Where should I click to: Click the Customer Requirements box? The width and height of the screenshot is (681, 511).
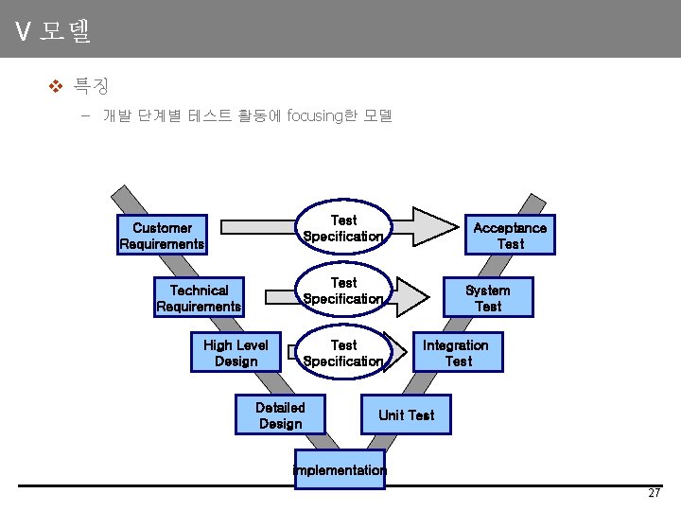tap(162, 236)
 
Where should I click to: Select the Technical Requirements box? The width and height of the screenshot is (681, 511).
tap(199, 298)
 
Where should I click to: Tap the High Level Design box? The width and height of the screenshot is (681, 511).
tap(236, 353)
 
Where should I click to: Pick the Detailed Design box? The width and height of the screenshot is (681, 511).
tap(280, 415)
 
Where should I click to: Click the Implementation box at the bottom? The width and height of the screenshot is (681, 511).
tap(340, 470)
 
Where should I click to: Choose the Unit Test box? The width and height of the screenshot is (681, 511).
tap(406, 414)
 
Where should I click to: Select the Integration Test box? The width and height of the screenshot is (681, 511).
tap(456, 352)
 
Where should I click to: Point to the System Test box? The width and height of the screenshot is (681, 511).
tap(488, 298)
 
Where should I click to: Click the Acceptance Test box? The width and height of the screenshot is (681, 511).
tap(510, 236)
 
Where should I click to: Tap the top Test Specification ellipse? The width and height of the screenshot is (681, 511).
tap(343, 227)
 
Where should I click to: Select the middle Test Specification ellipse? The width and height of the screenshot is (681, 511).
tap(343, 290)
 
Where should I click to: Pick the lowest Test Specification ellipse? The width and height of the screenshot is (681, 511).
tap(343, 353)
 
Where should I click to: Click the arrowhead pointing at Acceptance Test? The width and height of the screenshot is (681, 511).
tap(434, 227)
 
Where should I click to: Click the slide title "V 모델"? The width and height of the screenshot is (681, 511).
tap(53, 31)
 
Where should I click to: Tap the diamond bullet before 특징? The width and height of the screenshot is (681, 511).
tap(55, 86)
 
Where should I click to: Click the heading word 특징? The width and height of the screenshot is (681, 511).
tap(91, 86)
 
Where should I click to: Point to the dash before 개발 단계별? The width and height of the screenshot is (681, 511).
tap(86, 117)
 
